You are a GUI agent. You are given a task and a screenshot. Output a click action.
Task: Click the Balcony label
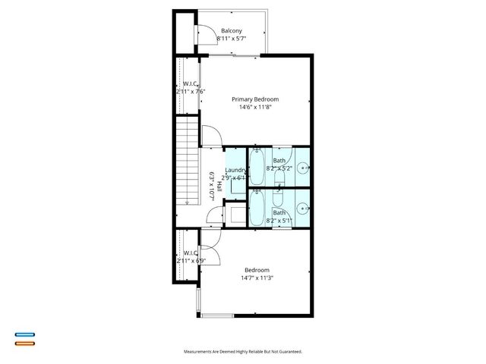(232, 31)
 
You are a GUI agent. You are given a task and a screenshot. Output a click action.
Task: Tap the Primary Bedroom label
(255, 99)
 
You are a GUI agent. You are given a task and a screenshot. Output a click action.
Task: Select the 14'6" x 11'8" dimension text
(255, 108)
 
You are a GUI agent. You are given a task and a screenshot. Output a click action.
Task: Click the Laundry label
(235, 170)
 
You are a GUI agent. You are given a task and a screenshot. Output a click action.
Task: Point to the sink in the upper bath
(302, 168)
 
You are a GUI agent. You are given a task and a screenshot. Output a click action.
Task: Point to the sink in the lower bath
(302, 207)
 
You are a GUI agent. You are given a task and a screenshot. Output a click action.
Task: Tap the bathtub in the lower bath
(256, 207)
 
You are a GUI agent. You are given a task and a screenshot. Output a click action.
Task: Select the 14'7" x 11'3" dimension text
(258, 278)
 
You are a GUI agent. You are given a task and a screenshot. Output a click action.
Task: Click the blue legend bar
(25, 334)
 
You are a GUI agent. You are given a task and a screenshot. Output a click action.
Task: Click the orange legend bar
(25, 344)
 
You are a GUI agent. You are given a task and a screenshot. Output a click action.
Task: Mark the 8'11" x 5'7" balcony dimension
(232, 39)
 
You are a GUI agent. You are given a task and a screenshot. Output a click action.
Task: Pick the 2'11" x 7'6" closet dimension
(191, 92)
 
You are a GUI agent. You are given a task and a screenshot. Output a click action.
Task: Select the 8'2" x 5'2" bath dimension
(279, 169)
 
